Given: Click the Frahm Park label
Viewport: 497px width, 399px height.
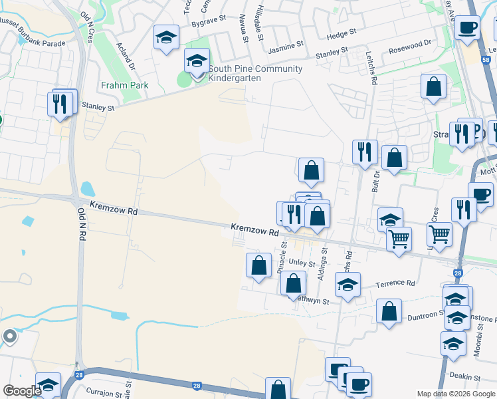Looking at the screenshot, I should pyautogui.click(x=124, y=85).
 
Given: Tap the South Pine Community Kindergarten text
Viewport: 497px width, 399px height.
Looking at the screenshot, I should pyautogui.click(x=255, y=73).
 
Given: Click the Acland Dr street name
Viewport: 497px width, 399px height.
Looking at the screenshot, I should pyautogui.click(x=126, y=58).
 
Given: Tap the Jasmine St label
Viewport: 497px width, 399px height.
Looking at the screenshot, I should pyautogui.click(x=286, y=46).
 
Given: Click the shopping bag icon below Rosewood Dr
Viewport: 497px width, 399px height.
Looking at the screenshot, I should pyautogui.click(x=433, y=86).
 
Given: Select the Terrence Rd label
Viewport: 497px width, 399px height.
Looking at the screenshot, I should pyautogui.click(x=395, y=283).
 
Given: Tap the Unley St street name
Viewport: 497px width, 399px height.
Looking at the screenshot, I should pyautogui.click(x=302, y=263).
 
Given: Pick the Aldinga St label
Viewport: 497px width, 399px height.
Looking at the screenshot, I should pyautogui.click(x=324, y=263).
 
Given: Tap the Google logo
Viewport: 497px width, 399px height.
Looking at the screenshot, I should pyautogui.click(x=22, y=391).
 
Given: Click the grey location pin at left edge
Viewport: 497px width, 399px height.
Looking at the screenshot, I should pyautogui.click(x=9, y=337).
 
